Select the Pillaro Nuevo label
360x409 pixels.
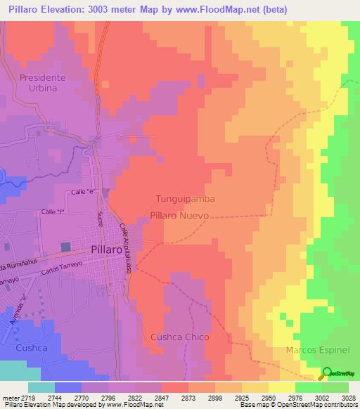[179, 217]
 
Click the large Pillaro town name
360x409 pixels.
[108, 249]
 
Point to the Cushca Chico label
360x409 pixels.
[180, 337]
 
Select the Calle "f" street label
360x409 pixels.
[53, 212]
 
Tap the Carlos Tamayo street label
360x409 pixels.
[63, 264]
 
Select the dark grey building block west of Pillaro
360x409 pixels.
[65, 247]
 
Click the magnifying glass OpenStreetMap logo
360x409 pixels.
[327, 373]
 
